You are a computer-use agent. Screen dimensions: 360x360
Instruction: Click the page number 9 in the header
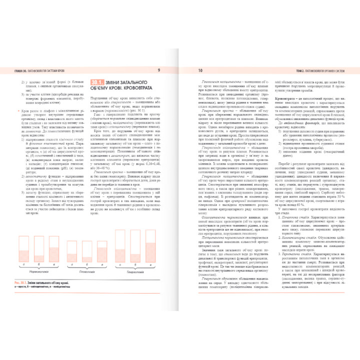(158, 70)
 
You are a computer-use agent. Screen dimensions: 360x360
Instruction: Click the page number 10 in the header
(200, 70)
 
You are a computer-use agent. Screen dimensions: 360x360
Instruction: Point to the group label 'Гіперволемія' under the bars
(141, 271)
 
